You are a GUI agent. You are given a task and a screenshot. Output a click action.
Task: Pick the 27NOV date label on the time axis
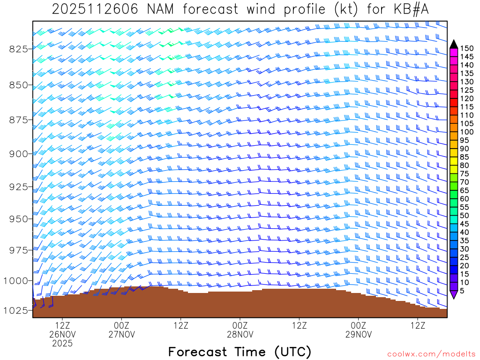pyautogui.click(x=121, y=334)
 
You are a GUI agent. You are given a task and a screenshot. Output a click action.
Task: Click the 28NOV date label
pyautogui.click(x=240, y=334)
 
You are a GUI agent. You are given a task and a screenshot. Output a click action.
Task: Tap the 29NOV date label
pyautogui.click(x=359, y=334)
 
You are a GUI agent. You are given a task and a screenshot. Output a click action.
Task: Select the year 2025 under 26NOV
pyautogui.click(x=62, y=343)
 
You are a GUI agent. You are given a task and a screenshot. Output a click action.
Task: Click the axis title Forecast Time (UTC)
pyautogui.click(x=240, y=352)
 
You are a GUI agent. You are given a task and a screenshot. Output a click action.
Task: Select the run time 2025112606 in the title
pyautogui.click(x=95, y=9)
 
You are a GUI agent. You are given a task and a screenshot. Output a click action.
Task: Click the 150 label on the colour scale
pyautogui.click(x=466, y=48)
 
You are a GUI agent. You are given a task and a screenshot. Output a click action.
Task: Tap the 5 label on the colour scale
pyautogui.click(x=462, y=291)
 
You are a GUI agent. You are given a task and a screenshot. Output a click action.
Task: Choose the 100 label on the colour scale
pyautogui.click(x=466, y=132)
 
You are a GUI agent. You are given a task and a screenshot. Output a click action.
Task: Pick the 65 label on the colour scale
pyautogui.click(x=464, y=190)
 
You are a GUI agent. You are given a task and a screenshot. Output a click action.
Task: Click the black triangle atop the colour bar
pyautogui.click(x=453, y=44)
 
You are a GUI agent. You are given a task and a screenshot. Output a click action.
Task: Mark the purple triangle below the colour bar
pyautogui.click(x=453, y=295)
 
